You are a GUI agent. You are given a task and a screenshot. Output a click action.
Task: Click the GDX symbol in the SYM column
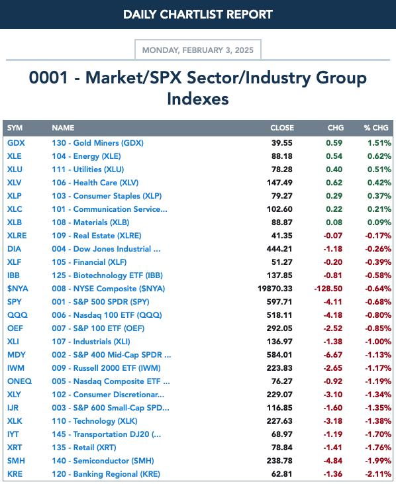[16, 143]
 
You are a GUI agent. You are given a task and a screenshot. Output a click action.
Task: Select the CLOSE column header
[282, 128]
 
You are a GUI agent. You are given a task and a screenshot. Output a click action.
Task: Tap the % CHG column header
[376, 128]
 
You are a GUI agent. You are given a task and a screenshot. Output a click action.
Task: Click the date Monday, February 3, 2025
[198, 50]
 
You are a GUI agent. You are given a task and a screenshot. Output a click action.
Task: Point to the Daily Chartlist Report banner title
[198, 14]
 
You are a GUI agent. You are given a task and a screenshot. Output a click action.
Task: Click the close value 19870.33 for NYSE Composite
[275, 289]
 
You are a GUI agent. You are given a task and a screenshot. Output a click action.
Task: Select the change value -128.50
[328, 289]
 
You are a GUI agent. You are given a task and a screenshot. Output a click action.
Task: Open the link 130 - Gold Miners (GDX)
[97, 143]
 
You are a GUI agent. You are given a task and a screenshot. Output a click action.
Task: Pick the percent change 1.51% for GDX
[379, 143]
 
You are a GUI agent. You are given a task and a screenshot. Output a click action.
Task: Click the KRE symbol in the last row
[15, 474]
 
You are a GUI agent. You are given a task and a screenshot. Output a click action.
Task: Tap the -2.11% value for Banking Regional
[378, 474]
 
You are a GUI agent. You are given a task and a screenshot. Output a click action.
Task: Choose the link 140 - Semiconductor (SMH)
[103, 461]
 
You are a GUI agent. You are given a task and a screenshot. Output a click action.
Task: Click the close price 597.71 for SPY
[279, 302]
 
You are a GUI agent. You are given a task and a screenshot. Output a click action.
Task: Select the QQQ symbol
[17, 315]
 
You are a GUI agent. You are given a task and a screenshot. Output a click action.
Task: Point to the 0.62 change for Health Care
[334, 183]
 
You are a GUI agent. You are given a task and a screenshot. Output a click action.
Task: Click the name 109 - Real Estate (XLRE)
[97, 236]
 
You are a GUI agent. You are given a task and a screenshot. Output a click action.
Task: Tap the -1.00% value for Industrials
[378, 342]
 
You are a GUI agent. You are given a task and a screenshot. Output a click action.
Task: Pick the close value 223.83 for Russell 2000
[279, 368]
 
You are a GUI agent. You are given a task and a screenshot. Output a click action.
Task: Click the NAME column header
[63, 128]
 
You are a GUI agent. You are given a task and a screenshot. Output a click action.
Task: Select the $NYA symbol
[18, 289]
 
